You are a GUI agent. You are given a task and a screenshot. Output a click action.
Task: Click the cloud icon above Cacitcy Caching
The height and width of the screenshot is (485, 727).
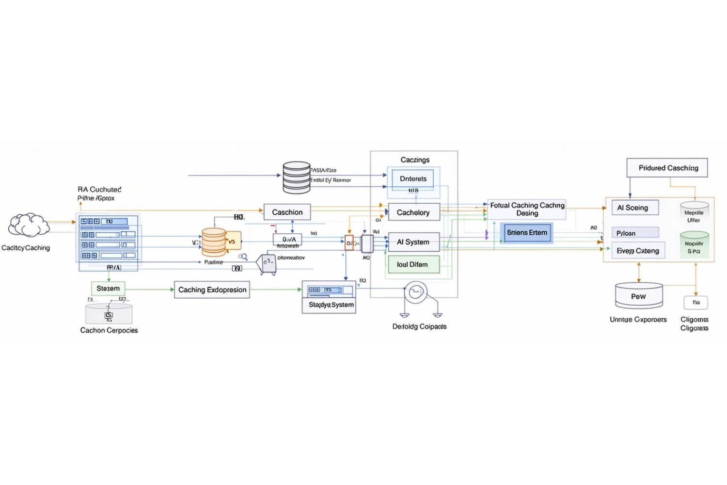pos(29,225)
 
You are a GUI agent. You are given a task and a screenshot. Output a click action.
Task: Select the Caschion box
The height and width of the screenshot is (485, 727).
pos(287,212)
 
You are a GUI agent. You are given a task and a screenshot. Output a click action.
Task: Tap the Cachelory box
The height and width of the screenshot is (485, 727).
pos(413,212)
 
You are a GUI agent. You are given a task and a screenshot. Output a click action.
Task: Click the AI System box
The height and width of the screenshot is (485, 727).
pos(413,242)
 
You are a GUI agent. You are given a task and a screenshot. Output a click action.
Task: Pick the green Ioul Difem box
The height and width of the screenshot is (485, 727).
pos(413,264)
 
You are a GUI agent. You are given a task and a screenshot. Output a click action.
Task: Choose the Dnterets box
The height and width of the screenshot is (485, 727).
pos(413,178)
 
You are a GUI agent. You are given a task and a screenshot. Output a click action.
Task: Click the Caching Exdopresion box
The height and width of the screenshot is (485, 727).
pos(212,290)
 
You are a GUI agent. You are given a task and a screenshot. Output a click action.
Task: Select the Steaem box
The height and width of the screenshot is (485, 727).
pos(108,288)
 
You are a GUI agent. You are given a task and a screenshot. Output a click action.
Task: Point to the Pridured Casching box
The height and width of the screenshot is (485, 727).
pos(667,168)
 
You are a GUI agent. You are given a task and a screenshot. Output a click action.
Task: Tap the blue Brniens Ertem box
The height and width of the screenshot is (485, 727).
pos(527,233)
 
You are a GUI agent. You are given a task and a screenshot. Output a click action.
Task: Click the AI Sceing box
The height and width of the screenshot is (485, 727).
pos(634,208)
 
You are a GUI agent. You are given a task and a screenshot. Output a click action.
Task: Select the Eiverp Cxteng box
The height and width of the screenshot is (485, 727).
pos(638,251)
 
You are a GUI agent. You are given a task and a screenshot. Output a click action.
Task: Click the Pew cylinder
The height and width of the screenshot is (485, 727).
pos(638,296)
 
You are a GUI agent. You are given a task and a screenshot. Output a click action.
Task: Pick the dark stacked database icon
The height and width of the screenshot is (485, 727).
pos(296,178)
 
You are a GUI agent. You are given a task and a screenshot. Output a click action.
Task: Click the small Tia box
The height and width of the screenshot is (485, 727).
pos(696,303)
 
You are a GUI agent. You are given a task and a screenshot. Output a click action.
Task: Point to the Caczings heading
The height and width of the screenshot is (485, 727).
pos(415,160)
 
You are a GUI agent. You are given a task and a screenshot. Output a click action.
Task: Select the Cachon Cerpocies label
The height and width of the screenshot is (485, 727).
pos(109,330)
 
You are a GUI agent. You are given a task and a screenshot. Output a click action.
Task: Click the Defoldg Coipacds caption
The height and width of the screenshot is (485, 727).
pos(419,326)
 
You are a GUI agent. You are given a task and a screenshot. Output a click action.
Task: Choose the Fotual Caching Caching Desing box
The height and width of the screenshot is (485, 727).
pos(527,209)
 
